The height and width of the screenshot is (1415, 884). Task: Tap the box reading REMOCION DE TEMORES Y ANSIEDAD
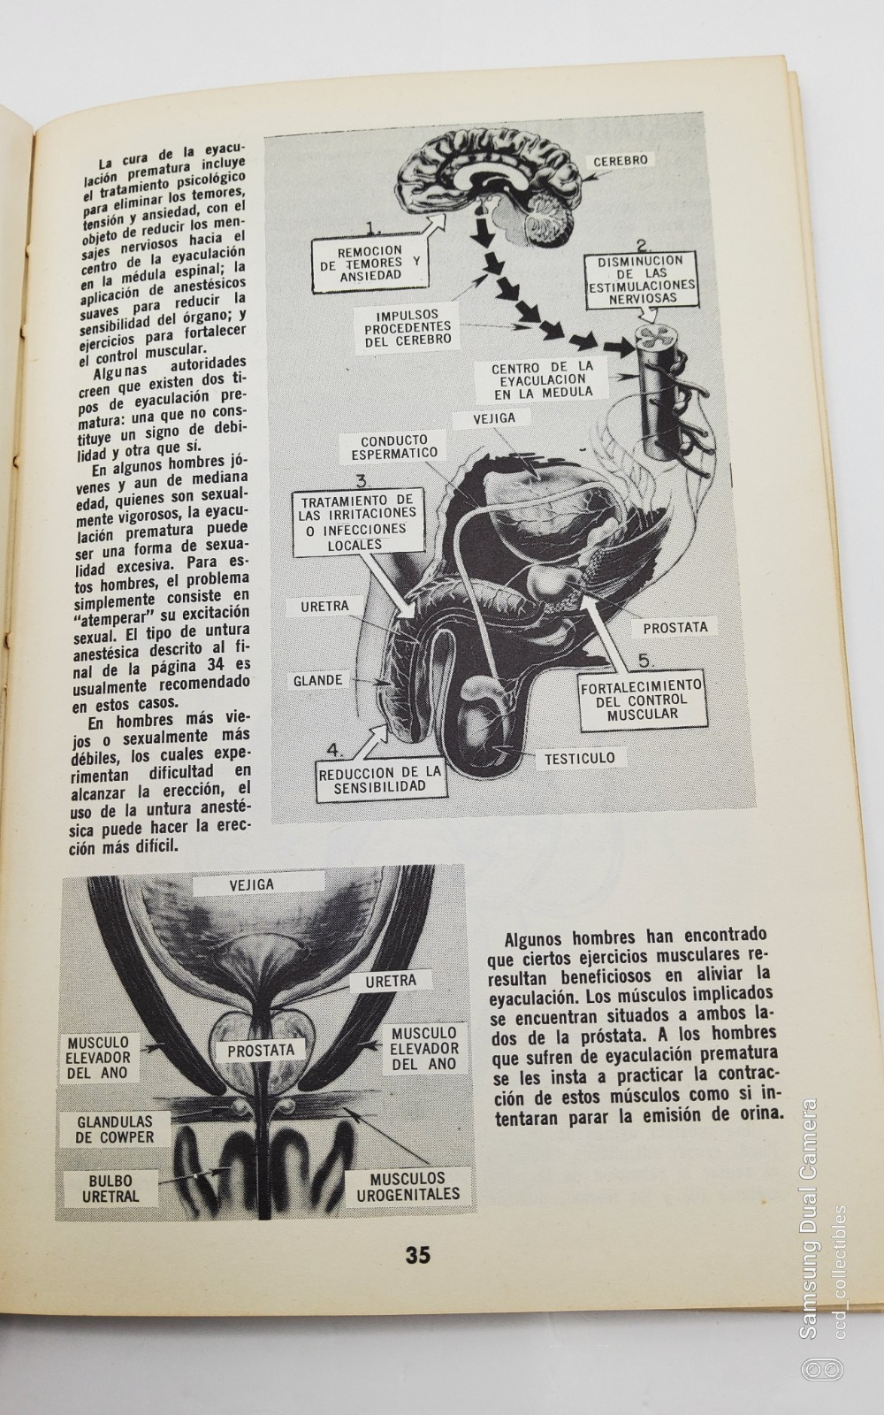tap(370, 263)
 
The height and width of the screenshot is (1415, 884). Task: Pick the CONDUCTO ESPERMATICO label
tap(393, 447)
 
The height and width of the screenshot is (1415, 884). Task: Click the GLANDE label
tap(318, 680)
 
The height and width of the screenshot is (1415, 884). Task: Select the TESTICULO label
tap(579, 758)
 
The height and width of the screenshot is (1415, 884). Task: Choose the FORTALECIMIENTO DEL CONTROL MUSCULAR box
tap(642, 700)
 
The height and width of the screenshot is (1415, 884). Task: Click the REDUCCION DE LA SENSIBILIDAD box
tap(380, 779)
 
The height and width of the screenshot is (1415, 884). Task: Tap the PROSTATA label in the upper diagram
tap(675, 627)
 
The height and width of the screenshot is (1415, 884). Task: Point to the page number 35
tap(417, 1254)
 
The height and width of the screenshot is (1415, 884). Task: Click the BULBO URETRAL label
tap(110, 1188)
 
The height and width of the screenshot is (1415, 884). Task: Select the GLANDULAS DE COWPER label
tap(113, 1129)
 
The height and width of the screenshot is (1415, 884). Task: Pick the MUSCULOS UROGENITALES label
tap(408, 1186)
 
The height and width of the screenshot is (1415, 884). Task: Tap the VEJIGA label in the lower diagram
tap(251, 884)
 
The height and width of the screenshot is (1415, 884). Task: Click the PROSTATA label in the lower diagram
tap(260, 1051)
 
